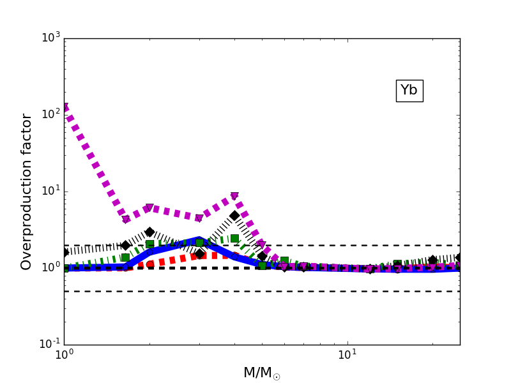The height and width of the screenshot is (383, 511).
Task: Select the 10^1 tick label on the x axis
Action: point(347,354)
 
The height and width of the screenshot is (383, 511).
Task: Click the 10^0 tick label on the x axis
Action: point(64,354)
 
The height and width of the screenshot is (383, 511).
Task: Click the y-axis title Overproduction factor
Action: point(27,191)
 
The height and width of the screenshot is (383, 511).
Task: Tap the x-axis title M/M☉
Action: point(261,373)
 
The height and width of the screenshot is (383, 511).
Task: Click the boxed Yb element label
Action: point(409,91)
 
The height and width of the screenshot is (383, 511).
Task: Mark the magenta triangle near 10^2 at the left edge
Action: point(65,107)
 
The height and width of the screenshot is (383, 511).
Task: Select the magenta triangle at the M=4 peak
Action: point(234,197)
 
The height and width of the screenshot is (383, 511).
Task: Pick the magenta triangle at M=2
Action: point(149,208)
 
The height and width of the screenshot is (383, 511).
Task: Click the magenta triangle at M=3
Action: point(199,218)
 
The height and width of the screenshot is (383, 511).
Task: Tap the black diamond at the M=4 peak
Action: point(234,216)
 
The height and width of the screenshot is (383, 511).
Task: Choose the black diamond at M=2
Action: point(149,232)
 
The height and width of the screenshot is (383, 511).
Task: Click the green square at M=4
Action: point(234,238)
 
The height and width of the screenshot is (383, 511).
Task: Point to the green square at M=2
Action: point(149,244)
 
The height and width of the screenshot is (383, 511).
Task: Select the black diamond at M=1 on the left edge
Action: point(65,252)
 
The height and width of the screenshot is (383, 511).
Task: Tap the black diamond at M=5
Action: point(262,256)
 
